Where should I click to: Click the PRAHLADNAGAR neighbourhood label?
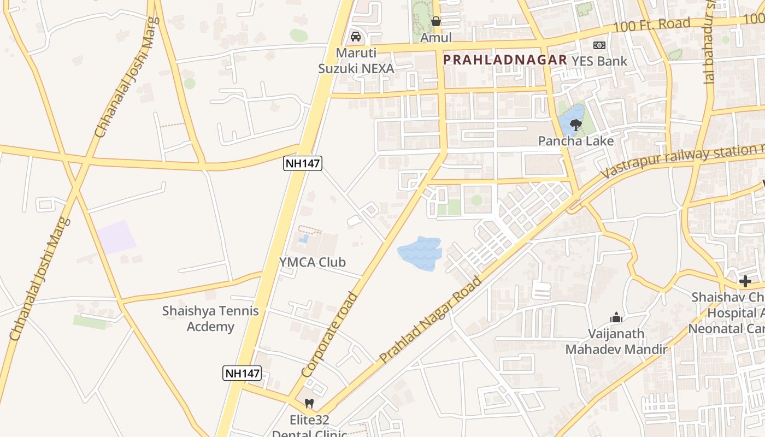coord(505,60)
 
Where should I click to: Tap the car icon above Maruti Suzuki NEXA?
coord(356,37)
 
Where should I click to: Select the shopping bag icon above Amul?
coord(436,21)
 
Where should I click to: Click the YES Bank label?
coord(599,61)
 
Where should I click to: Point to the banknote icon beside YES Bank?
coord(599,45)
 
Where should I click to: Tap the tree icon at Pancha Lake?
coord(575,126)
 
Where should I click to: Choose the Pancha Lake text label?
coord(576,141)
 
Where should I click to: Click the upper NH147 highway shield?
coord(302,163)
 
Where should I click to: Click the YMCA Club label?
coord(313,262)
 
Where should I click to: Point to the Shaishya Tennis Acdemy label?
coord(210,319)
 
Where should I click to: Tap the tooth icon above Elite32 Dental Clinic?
coord(309,404)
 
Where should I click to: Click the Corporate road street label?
coord(329,335)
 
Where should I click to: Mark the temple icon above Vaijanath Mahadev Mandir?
coord(616,317)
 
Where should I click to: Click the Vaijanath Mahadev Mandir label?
coord(616,341)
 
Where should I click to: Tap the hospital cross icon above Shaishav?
coord(745,281)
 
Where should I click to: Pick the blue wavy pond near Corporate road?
coord(419,252)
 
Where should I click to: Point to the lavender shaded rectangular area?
coord(117,238)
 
